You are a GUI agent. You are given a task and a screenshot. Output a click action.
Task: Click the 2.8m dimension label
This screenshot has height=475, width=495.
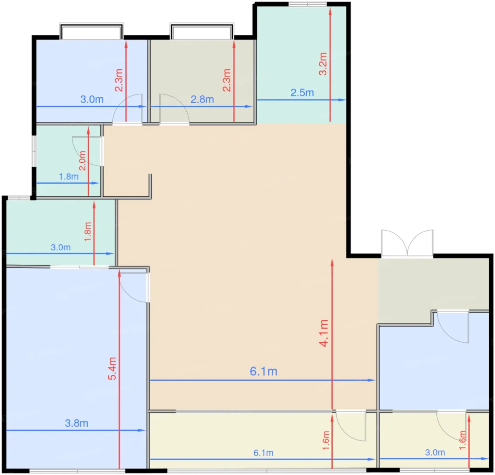tap(202, 99)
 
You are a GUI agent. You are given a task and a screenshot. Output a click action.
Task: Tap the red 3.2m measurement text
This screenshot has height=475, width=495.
tap(323, 64)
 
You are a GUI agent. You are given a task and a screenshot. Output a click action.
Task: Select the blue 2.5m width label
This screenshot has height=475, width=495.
tap(302, 93)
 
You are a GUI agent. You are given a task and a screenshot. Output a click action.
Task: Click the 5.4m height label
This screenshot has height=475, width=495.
tap(112, 369)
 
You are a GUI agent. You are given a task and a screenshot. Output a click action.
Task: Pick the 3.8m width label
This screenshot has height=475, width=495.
tap(77, 423)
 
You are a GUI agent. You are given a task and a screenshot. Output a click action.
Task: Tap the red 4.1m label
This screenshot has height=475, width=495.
tap(324, 333)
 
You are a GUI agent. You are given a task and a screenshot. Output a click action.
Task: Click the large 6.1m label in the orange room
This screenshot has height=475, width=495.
tap(263, 371)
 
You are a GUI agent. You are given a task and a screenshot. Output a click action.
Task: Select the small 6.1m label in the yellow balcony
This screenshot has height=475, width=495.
tap(263, 453)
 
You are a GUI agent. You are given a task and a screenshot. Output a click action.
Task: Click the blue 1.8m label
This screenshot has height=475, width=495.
tap(69, 176)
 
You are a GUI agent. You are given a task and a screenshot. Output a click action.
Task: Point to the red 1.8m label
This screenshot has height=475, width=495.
tap(87, 232)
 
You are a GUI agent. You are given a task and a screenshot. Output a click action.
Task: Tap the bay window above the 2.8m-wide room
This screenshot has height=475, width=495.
tap(202, 31)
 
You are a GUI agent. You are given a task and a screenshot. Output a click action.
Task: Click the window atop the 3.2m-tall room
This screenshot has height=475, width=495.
tap(308, 4)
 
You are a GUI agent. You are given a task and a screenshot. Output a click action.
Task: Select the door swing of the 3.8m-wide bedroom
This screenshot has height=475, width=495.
tap(134, 288)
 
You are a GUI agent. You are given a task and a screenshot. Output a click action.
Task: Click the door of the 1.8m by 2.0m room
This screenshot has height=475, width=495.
tap(87, 151)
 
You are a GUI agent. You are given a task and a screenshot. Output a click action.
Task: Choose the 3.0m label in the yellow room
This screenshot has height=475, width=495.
tap(435, 453)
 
